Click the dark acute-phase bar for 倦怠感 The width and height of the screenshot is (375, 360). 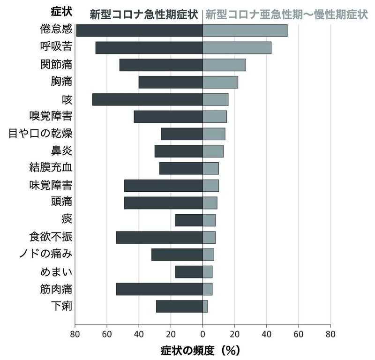click(x=139, y=30)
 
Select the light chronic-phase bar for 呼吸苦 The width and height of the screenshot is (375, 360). click(x=237, y=47)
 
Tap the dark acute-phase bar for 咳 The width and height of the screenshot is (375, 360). click(x=147, y=99)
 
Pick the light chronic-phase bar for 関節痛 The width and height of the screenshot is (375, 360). click(x=224, y=65)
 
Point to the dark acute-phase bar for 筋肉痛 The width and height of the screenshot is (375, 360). click(x=159, y=289)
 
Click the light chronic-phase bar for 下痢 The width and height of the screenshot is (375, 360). click(x=205, y=306)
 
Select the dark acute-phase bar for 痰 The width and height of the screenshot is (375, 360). click(x=189, y=220)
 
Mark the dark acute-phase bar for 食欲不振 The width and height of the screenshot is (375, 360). click(x=159, y=237)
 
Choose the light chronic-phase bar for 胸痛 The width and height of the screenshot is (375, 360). click(x=220, y=82)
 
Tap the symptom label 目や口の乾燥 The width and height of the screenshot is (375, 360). click(x=41, y=134)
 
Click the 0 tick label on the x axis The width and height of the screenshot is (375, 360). click(x=202, y=334)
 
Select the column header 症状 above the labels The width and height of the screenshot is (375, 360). click(x=60, y=11)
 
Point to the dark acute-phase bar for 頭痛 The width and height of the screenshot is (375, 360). click(x=163, y=202)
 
